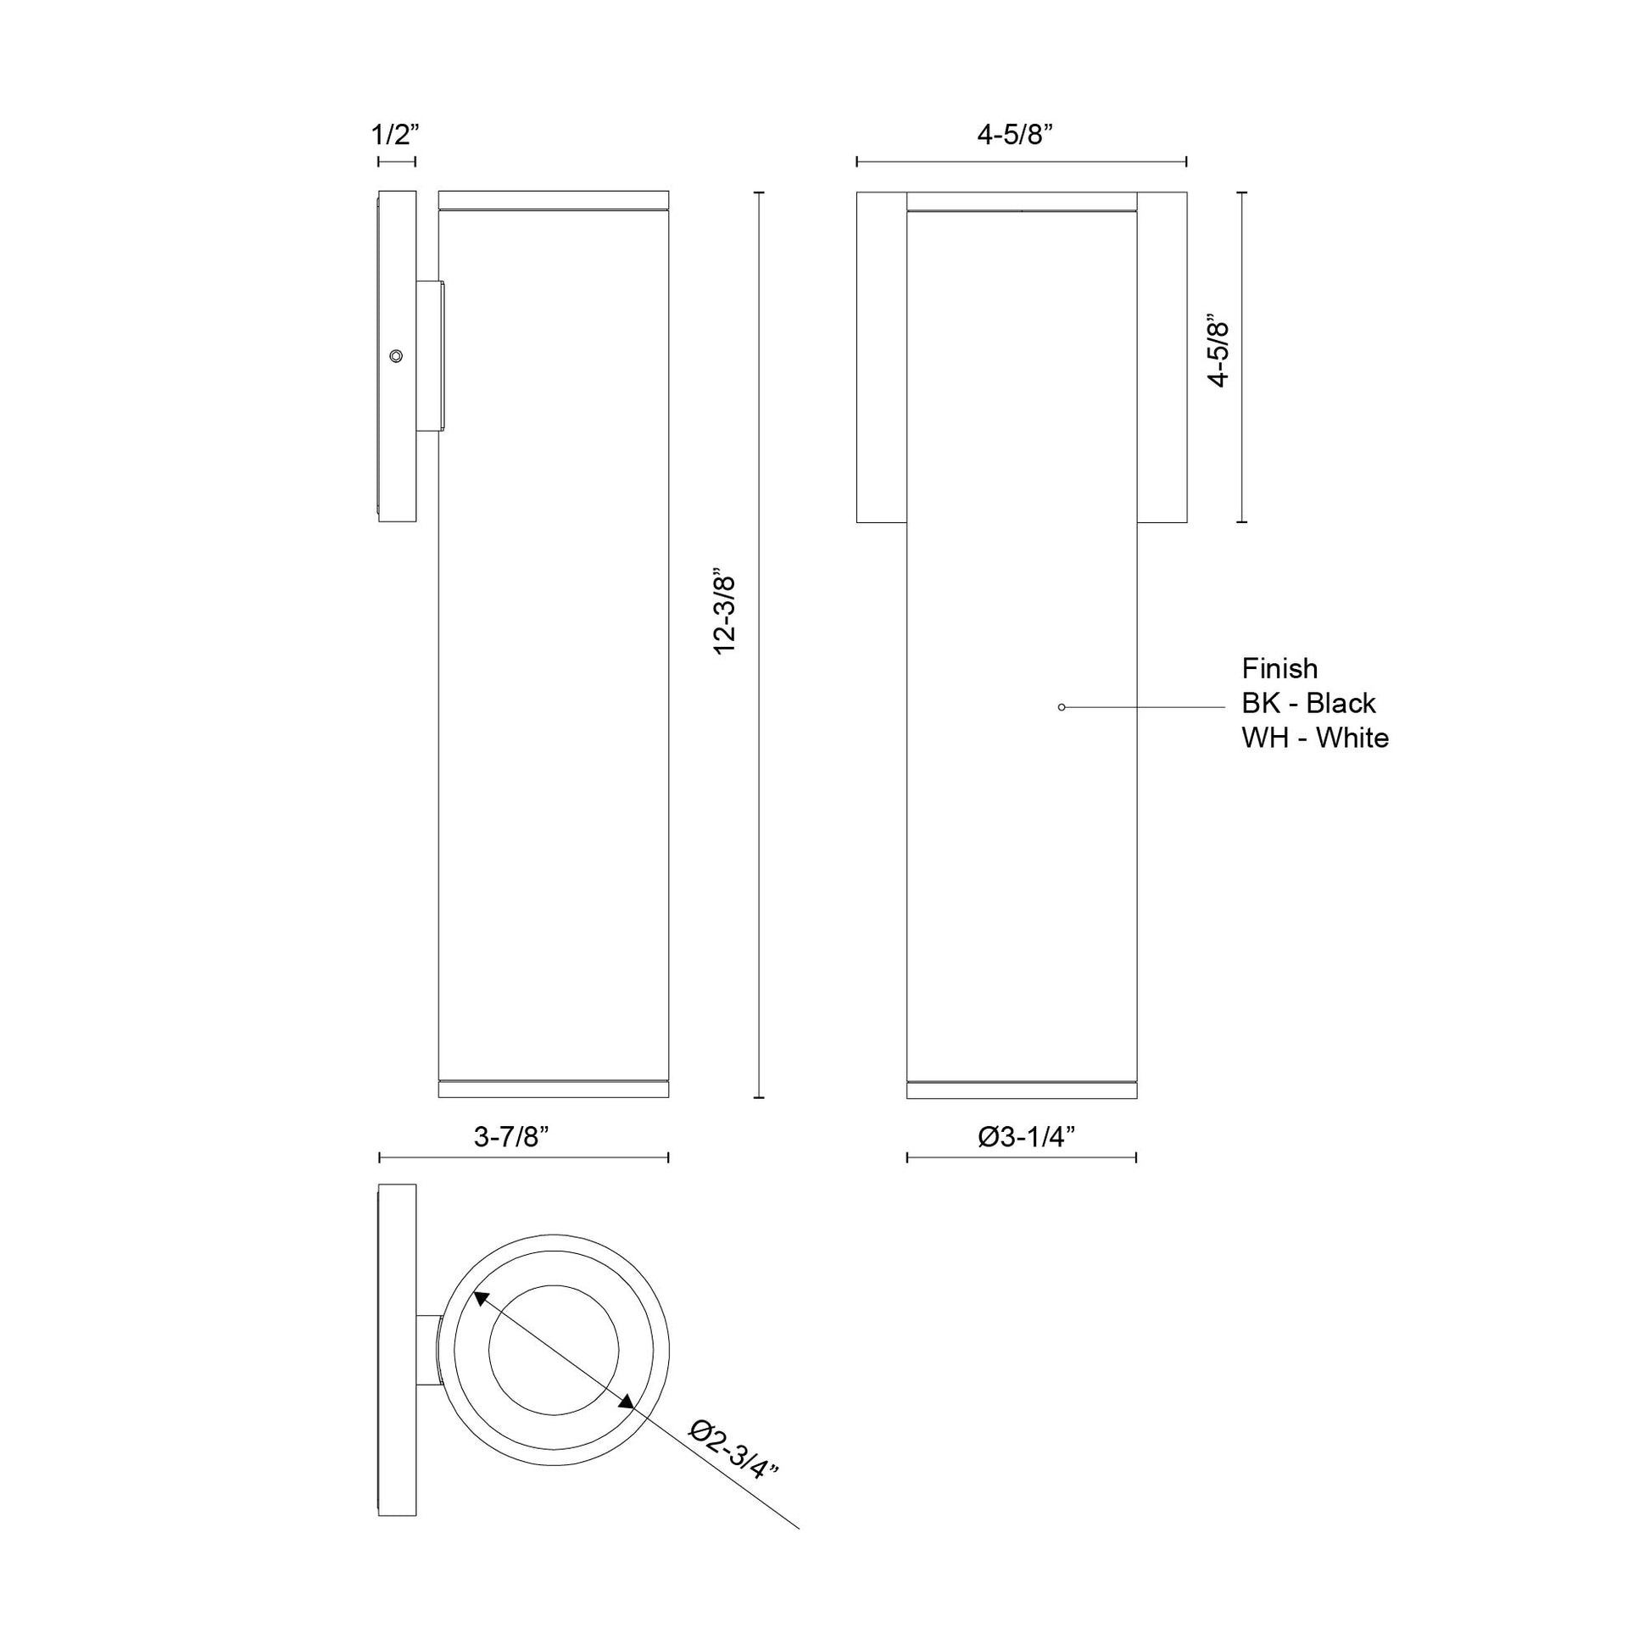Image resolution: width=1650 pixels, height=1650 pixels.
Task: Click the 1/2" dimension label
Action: [396, 135]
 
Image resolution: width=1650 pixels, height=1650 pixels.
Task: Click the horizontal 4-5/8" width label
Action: [1016, 135]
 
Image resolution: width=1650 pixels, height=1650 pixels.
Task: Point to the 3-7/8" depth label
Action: [511, 1137]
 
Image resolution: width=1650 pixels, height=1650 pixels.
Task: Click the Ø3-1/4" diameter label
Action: [1026, 1137]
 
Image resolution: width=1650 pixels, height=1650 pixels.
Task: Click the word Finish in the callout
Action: [1279, 668]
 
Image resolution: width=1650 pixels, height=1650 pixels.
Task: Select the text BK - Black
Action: [1308, 703]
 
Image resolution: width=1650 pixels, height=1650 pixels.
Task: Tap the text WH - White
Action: [1314, 738]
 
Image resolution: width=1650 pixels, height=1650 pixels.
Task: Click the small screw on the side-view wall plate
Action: [395, 356]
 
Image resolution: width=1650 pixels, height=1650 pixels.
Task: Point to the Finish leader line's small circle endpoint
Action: [1062, 707]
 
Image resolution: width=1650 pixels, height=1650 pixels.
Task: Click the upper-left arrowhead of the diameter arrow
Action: [480, 1321]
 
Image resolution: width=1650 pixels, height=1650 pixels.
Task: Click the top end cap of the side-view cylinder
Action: [554, 200]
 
